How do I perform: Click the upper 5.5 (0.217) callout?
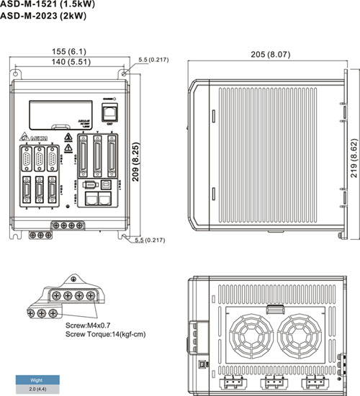(153, 59)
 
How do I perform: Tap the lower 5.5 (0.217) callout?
(152, 240)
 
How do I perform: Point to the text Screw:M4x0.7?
(87, 325)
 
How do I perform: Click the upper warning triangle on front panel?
(68, 135)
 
